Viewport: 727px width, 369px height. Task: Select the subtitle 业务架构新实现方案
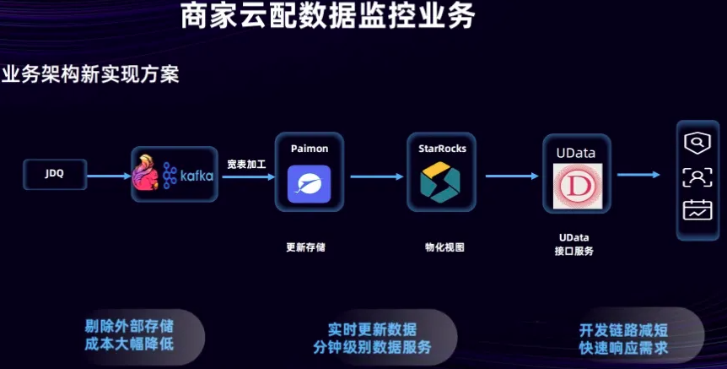[x=90, y=73]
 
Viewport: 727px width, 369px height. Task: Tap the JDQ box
[x=54, y=175]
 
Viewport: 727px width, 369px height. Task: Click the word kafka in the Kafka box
[x=196, y=176]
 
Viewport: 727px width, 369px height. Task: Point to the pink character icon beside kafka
[x=147, y=174]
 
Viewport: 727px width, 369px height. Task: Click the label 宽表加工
[x=246, y=163]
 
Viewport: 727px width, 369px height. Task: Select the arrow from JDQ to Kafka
[x=108, y=176]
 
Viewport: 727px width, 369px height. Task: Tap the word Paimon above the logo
[x=310, y=148]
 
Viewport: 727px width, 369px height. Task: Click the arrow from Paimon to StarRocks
[x=377, y=176]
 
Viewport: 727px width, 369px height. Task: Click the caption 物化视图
[x=444, y=247]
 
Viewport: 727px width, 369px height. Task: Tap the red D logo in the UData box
[x=577, y=187]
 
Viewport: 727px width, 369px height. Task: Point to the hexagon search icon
[x=697, y=144]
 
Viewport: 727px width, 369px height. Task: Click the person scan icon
[x=697, y=176]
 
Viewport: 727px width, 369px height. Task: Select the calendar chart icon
[x=697, y=209]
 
